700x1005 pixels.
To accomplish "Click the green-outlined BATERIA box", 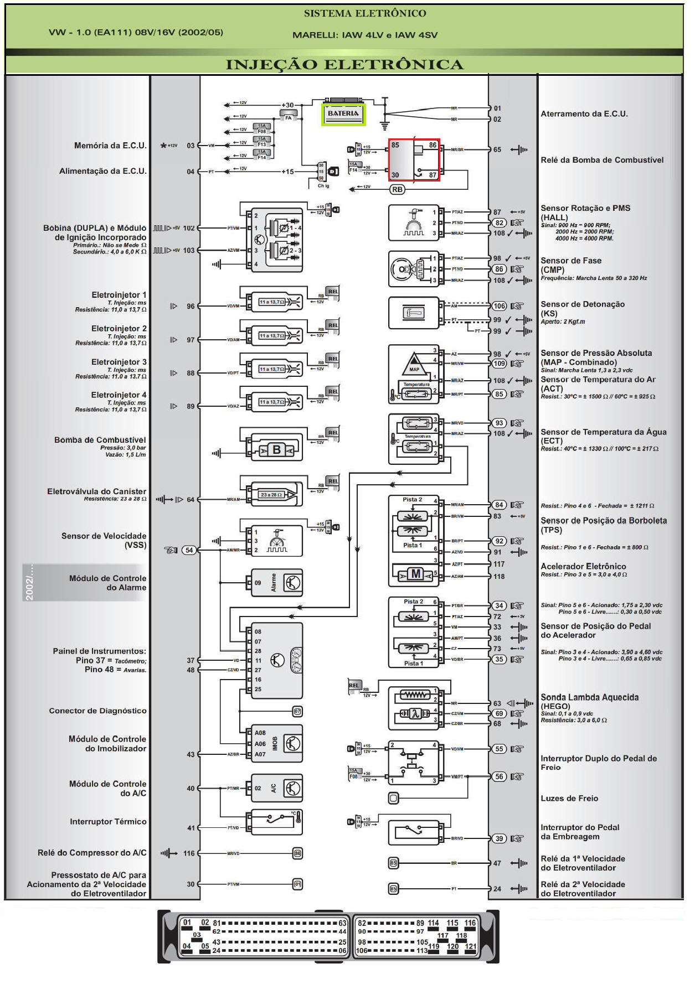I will click(343, 114).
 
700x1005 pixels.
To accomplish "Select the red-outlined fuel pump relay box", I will click(414, 159).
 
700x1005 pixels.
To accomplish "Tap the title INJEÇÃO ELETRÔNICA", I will click(344, 65).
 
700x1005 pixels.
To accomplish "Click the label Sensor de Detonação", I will click(583, 304).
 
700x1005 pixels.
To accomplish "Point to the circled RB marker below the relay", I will click(397, 189).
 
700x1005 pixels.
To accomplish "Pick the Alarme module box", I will click(277, 583).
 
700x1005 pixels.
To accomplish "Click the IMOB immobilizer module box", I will click(277, 743).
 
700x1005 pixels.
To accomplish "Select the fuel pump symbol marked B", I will click(276, 450).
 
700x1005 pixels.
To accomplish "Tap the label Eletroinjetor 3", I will click(119, 362).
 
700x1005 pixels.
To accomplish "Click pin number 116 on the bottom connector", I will click(470, 923).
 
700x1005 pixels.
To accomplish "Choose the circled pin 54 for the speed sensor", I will click(189, 550).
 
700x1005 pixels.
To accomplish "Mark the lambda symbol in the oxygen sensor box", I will click(415, 714).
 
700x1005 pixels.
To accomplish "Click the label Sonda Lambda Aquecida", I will click(589, 697).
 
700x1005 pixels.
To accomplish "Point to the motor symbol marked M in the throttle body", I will click(415, 574).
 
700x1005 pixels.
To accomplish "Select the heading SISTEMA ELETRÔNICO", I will click(365, 13).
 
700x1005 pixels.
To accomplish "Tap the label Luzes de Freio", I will click(569, 798).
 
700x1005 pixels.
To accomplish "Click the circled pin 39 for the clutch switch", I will click(499, 838).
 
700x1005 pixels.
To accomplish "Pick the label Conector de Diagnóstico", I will click(97, 711).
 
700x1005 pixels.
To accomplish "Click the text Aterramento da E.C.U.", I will click(584, 114).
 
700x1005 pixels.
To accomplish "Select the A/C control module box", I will click(277, 788).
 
